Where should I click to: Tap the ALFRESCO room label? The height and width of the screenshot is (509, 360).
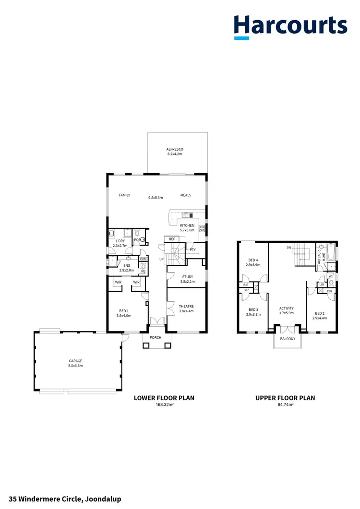point(175,149)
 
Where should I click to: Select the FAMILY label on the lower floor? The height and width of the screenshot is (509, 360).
point(125,195)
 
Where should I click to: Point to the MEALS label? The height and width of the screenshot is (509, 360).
point(186,195)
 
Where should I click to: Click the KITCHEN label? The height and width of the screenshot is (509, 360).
point(187,225)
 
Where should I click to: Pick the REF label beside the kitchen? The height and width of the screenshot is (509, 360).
point(171,238)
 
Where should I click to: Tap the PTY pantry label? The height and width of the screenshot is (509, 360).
point(192,249)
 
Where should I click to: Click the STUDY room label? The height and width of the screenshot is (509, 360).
point(187,276)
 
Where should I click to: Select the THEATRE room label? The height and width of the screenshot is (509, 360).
point(186,306)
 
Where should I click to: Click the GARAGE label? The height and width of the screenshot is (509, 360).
point(75,361)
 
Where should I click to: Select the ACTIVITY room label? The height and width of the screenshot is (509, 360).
point(286,308)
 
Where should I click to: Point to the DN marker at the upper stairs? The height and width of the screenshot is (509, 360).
point(289,248)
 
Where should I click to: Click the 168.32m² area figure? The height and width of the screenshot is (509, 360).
point(164,405)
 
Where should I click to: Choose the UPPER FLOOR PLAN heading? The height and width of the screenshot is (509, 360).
point(285,398)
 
